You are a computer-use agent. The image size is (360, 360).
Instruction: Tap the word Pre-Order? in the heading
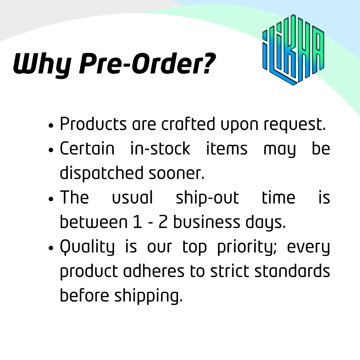147,64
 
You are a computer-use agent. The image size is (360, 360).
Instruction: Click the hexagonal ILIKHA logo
293,50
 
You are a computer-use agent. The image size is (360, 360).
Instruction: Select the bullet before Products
51,126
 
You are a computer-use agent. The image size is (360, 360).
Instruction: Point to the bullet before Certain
51,150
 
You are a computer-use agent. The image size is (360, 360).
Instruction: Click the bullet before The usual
51,199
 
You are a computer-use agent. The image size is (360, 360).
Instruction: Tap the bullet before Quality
51,248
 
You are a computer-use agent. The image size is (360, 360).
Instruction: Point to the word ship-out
207,198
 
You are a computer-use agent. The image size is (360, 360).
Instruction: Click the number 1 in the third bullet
137,222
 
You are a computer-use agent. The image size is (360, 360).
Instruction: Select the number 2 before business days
163,222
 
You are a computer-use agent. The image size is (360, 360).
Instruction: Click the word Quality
87,247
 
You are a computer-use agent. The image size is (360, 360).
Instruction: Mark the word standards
292,271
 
